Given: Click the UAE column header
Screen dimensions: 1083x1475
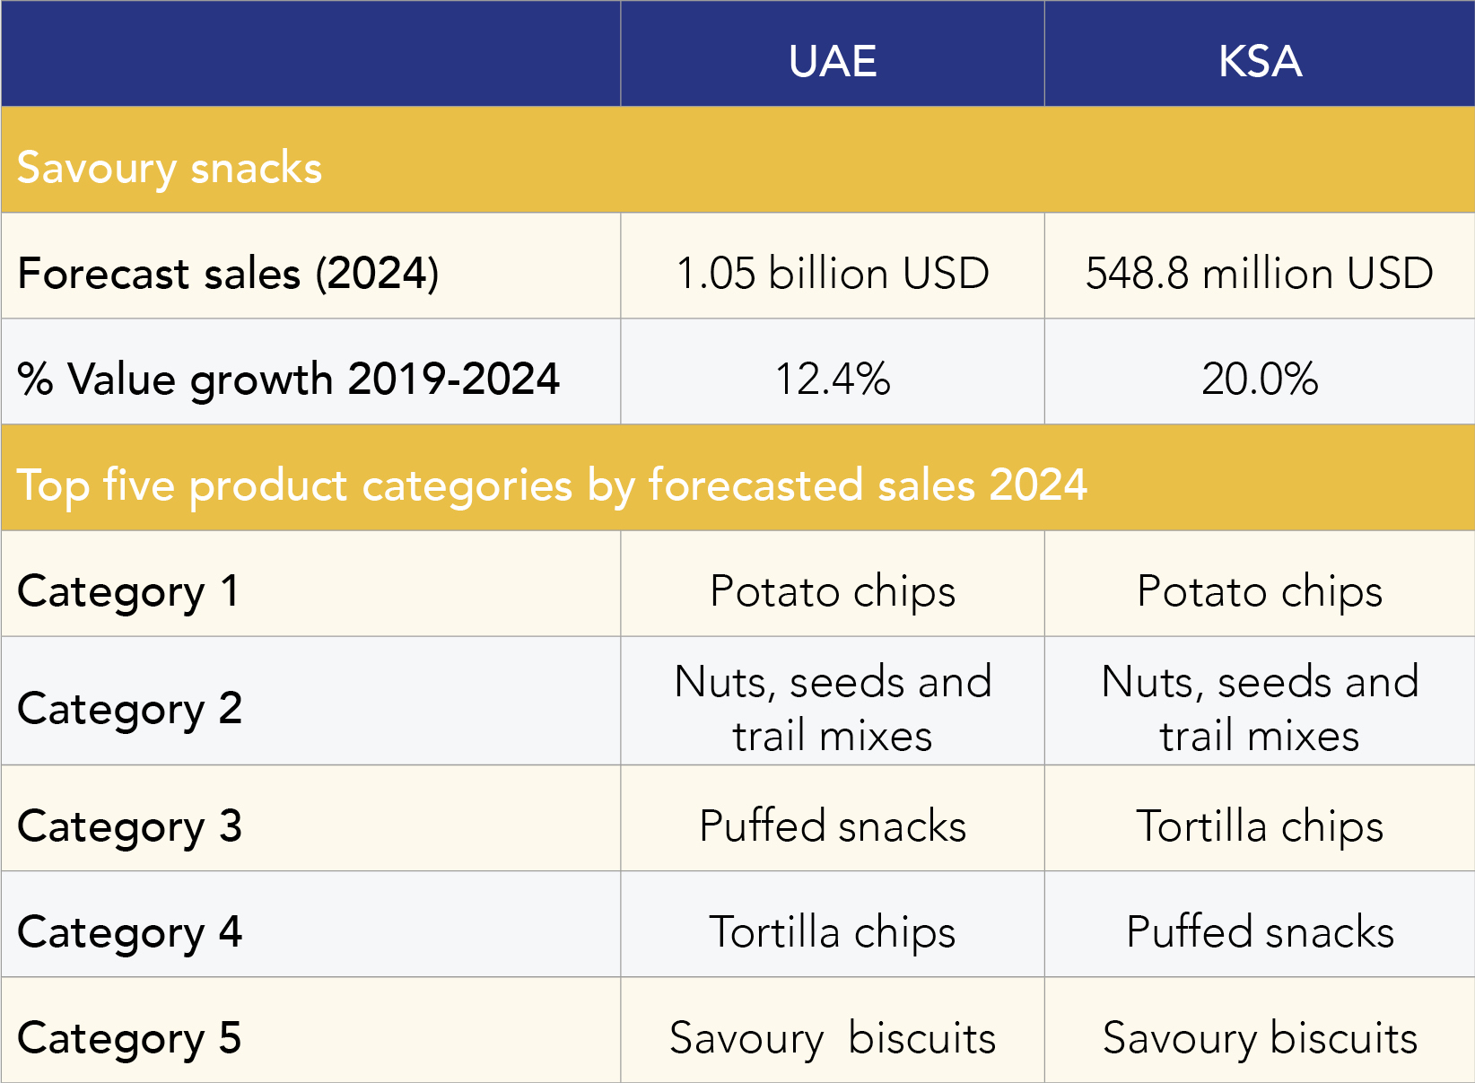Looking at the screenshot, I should click(833, 61).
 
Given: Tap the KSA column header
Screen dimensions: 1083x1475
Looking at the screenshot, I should click(1260, 61).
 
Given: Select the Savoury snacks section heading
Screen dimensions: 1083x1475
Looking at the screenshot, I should click(170, 168).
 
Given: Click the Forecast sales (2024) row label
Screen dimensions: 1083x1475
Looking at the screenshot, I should click(228, 273).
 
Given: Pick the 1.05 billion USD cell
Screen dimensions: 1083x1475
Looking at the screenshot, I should click(833, 273).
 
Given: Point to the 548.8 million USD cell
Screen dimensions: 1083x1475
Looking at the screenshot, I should click(1260, 273).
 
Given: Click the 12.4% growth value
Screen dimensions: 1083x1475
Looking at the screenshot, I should click(833, 379).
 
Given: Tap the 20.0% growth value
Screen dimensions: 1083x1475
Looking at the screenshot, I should click(1260, 379).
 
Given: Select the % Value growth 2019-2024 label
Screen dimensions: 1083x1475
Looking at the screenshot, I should click(288, 379).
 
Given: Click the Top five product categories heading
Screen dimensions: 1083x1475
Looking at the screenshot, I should click(552, 485).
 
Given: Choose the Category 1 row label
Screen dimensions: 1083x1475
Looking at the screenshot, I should click(128, 591).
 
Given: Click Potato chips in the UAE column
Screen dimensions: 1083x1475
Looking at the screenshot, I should click(833, 591).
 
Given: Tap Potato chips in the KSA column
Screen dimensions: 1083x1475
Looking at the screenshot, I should click(1260, 591).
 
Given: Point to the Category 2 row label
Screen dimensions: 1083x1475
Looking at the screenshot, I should click(130, 708).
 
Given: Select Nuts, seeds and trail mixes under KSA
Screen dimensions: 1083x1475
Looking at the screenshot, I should click(1260, 708).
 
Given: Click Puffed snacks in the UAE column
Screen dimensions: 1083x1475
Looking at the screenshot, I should click(833, 825).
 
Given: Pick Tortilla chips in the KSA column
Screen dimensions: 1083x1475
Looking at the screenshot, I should click(1260, 825).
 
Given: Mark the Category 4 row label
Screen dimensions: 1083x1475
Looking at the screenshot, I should click(130, 931).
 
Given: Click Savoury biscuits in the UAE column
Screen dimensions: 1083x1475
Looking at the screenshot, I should click(833, 1038).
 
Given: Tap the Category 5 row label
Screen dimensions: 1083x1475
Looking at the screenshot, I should click(130, 1038).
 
